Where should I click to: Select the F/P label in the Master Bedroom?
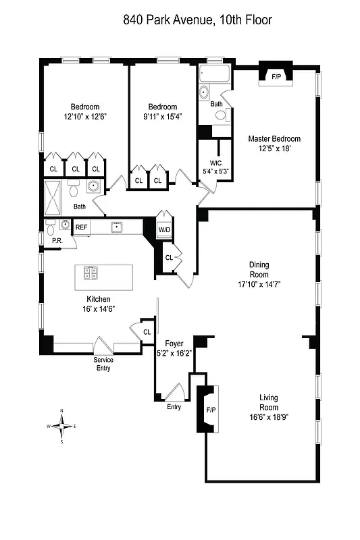276,77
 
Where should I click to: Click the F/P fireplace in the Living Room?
211,409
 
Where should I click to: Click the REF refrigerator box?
81,227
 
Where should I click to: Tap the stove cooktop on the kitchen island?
90,273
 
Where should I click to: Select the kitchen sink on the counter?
116,227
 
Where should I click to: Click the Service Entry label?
103,364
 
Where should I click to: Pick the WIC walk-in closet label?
216,163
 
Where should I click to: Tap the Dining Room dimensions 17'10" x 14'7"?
259,284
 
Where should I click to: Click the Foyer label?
174,343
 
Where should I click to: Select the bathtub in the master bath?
215,74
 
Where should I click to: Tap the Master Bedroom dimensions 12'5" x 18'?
274,148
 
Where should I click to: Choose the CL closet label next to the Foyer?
147,331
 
